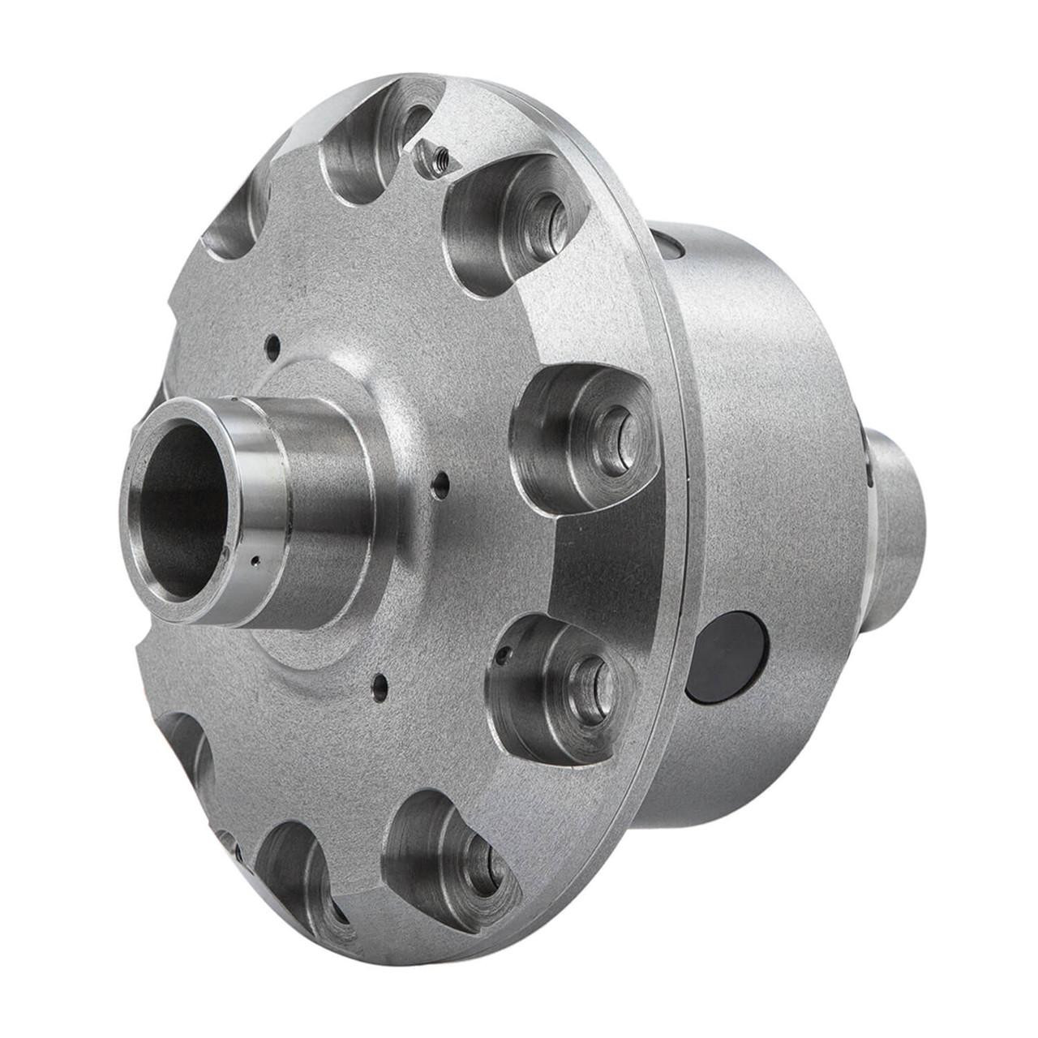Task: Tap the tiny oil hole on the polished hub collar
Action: [256, 559]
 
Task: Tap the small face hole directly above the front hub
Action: [274, 344]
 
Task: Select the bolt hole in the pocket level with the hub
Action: [616, 427]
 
